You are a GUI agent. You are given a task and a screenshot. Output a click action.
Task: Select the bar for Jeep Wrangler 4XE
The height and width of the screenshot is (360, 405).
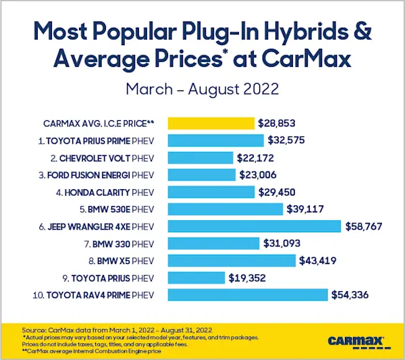point(254,226)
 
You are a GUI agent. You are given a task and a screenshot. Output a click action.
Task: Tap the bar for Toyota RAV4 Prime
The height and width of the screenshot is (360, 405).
point(247,294)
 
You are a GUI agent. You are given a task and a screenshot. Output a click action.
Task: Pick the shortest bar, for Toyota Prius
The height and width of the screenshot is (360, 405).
point(196,278)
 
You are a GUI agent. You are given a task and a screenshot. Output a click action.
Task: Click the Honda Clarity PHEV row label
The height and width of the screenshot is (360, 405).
point(107,192)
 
